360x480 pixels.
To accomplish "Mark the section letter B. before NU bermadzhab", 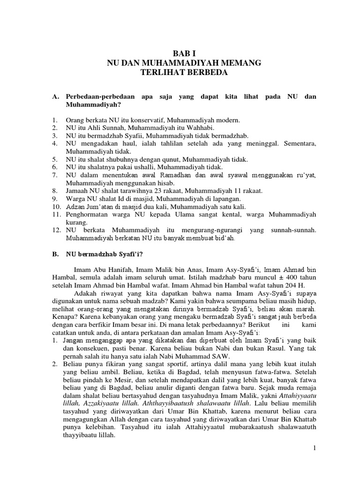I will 56,255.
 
